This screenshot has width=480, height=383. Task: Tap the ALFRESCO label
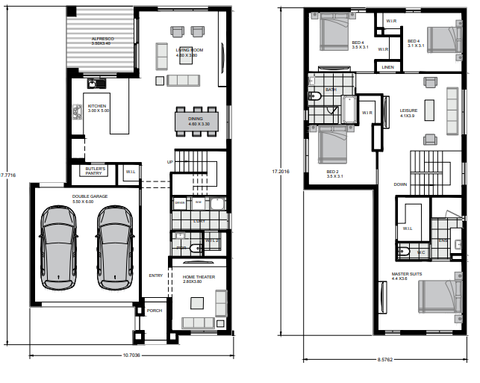click(101, 40)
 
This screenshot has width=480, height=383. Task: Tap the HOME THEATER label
click(198, 278)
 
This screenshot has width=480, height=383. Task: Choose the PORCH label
click(154, 311)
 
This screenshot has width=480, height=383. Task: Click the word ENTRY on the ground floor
click(155, 275)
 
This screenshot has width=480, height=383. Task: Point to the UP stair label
click(169, 162)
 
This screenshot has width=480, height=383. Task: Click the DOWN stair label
click(401, 184)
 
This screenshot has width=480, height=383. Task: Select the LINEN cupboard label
click(387, 67)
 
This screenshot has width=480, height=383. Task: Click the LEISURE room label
click(408, 110)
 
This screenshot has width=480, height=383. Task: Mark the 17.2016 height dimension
click(281, 171)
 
